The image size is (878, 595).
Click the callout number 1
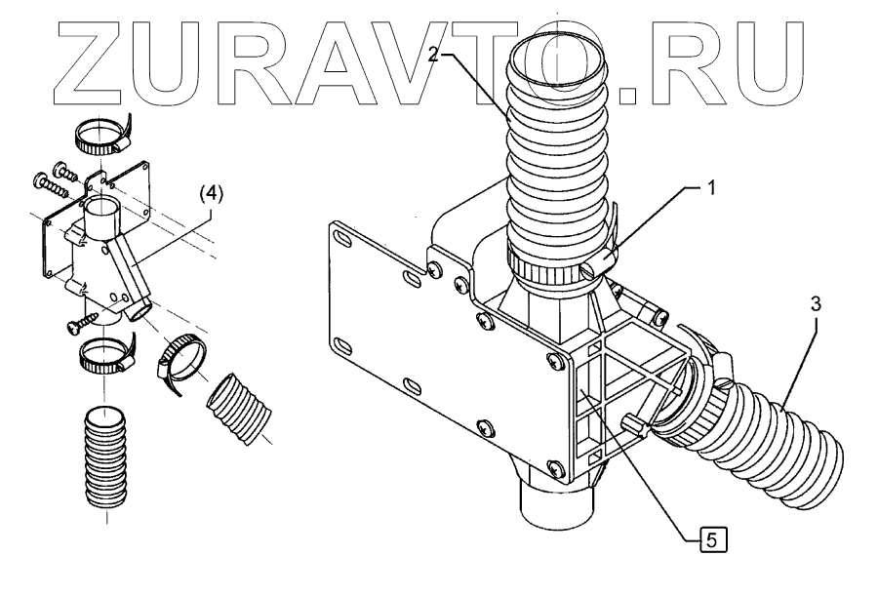[x=710, y=188]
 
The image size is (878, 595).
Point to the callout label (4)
[x=211, y=194]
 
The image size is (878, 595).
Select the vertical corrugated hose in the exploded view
[x=105, y=456]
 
